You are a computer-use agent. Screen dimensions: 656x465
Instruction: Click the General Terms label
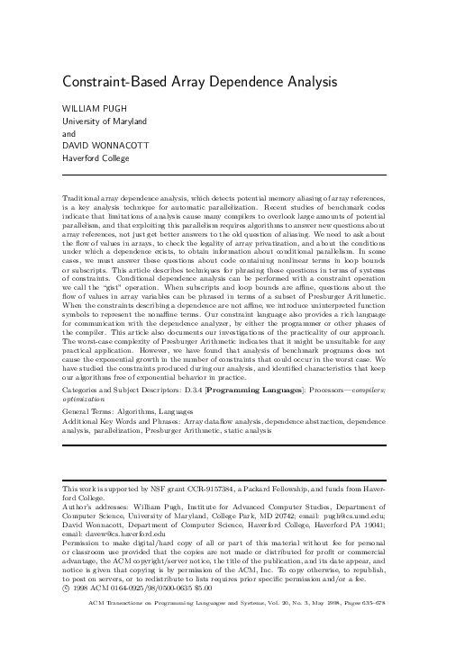[x=87, y=388]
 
